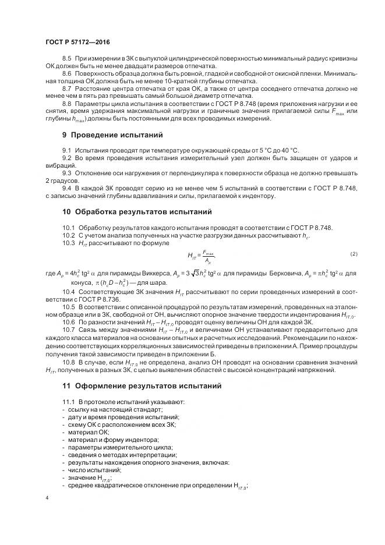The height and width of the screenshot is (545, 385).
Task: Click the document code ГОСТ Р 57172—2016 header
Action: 77,43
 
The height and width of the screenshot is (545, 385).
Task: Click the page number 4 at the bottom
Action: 47,498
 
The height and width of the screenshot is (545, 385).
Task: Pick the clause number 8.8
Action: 66,103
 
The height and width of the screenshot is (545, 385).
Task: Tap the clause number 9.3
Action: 66,174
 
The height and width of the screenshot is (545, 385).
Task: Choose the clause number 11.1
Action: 68,402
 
